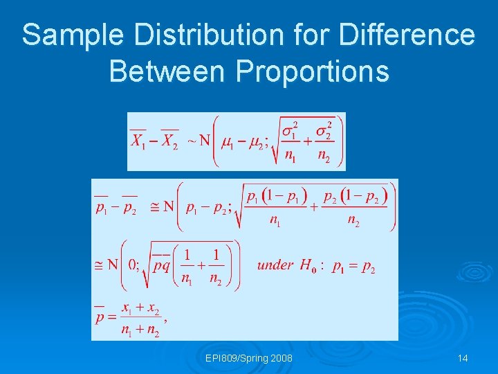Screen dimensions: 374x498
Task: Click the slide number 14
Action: click(x=463, y=358)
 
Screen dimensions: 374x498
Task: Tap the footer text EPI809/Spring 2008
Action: click(x=248, y=358)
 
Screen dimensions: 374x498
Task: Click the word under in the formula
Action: click(x=275, y=265)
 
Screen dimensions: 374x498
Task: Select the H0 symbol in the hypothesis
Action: click(x=308, y=265)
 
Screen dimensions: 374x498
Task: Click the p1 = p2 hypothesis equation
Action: click(x=353, y=267)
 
